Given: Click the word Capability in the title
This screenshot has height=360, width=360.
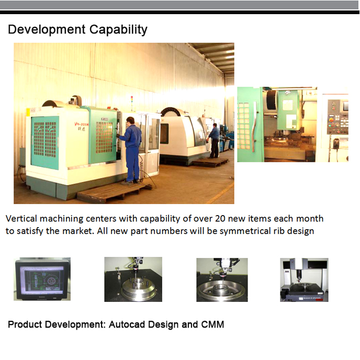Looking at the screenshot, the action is pyautogui.click(x=118, y=30).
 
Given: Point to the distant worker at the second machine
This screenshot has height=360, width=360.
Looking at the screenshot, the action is pyautogui.click(x=213, y=141).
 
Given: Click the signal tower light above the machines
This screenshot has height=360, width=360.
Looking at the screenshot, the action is pyautogui.click(x=131, y=101).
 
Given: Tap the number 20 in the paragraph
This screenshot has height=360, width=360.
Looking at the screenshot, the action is pyautogui.click(x=220, y=219).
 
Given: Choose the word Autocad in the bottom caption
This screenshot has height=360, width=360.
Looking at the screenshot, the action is pyautogui.click(x=127, y=324).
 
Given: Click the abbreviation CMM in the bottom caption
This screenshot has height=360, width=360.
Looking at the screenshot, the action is pyautogui.click(x=212, y=324).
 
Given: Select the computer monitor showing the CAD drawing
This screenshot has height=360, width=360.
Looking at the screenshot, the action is pyautogui.click(x=42, y=279).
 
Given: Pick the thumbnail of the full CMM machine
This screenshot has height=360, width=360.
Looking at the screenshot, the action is pyautogui.click(x=304, y=279).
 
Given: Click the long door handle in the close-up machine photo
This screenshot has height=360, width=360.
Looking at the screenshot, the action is pyautogui.click(x=254, y=127).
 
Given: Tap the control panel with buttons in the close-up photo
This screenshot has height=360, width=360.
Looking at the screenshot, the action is pyautogui.click(x=337, y=117).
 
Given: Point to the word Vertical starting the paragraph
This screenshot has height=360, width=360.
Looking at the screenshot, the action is pyautogui.click(x=21, y=218).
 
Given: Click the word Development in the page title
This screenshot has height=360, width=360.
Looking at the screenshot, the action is pyautogui.click(x=47, y=30).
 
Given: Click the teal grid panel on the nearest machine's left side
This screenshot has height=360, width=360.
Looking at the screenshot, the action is pyautogui.click(x=45, y=142).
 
